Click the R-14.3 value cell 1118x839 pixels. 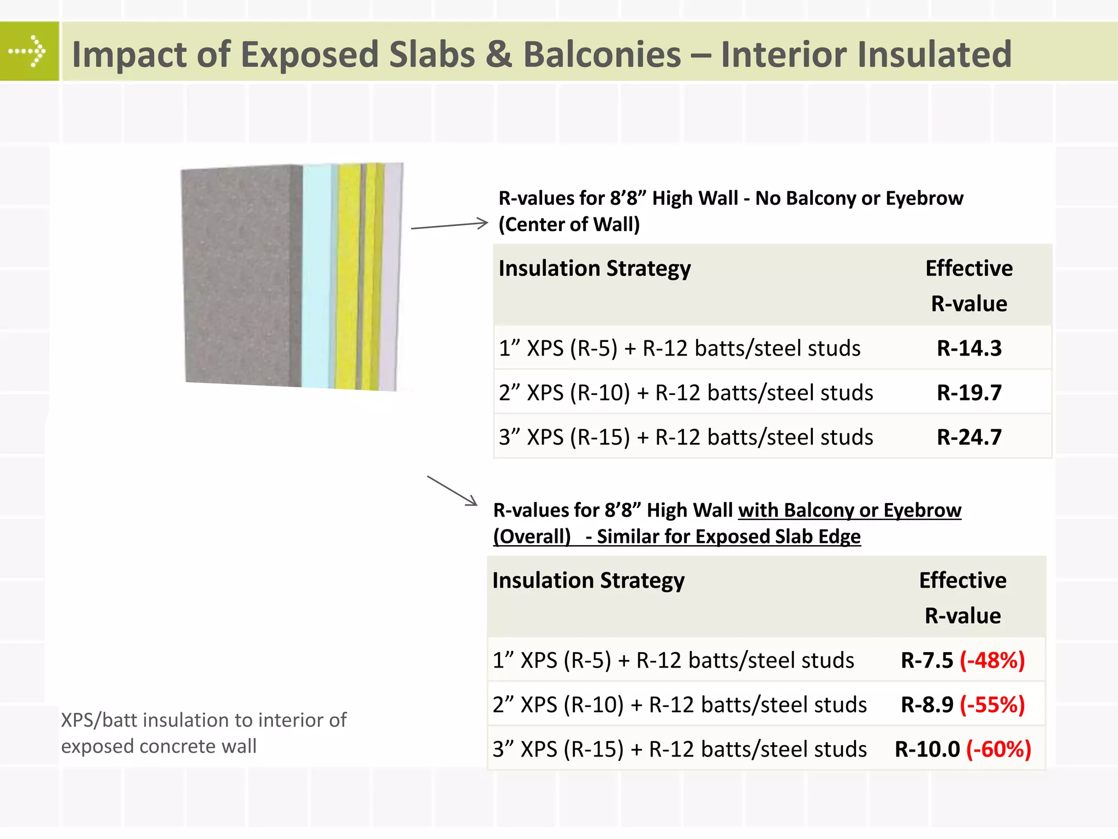point(969,348)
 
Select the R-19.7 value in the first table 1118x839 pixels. point(969,393)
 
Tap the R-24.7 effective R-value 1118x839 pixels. point(969,438)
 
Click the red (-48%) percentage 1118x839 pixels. point(992,660)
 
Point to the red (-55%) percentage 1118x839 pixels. point(992,705)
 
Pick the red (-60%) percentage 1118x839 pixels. point(998,749)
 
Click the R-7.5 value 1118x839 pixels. point(926,660)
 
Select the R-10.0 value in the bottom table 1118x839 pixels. point(927,749)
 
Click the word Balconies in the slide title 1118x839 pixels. point(602,55)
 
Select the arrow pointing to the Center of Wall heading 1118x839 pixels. point(449,225)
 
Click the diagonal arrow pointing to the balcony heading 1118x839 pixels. point(452,491)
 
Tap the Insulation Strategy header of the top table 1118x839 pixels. point(594,269)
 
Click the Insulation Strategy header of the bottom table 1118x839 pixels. point(588,581)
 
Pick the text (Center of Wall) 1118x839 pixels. point(569,224)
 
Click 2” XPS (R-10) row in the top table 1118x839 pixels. point(686,393)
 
